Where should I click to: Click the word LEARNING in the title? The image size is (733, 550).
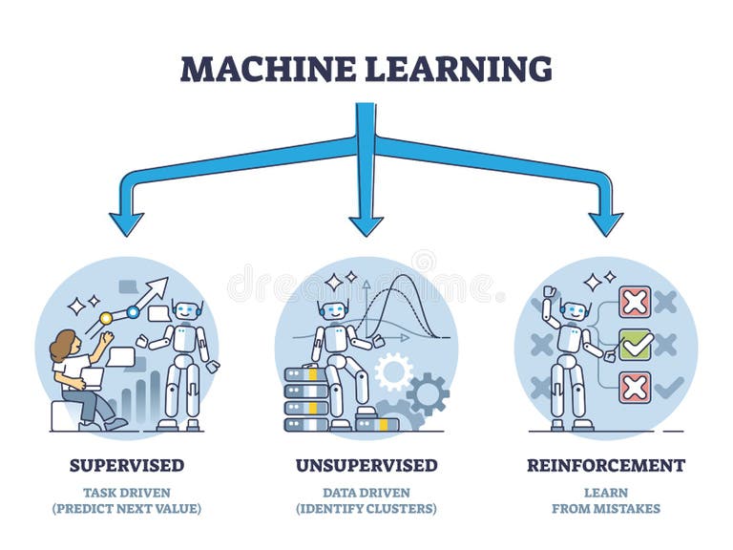coord(456,69)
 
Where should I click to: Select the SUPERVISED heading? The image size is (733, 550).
coord(126,466)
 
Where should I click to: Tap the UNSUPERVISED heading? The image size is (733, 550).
coord(366,466)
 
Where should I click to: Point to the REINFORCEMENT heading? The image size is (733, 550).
coord(605,466)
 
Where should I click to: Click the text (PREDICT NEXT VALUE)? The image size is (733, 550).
coord(126,509)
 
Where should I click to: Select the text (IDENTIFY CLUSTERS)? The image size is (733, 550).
coord(366,509)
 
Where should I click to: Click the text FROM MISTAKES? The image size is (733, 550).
coord(605,509)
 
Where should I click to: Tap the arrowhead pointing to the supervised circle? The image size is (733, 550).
coord(126,222)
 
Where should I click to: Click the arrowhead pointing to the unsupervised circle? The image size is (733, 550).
coord(366,224)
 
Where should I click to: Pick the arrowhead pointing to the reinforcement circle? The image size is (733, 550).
coord(605,222)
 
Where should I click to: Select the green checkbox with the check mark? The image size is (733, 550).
coord(635,345)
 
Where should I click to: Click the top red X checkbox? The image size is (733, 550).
coord(635,302)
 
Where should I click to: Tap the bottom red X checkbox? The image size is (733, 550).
coord(635,387)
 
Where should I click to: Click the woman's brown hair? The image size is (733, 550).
coord(62,347)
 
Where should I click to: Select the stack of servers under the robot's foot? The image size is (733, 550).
coord(305,399)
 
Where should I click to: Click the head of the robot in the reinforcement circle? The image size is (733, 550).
coord(574,311)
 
